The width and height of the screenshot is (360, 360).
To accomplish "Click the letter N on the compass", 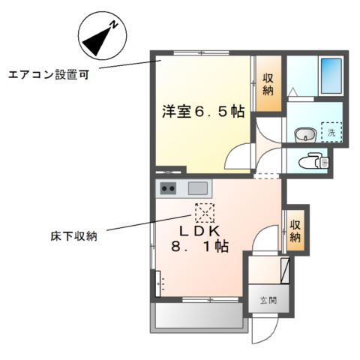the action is (x=114, y=25).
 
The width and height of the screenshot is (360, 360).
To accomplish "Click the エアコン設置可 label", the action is (x=49, y=74).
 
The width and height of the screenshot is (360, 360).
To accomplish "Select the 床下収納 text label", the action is (x=73, y=235).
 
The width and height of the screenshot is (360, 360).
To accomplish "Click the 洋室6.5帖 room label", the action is (x=203, y=111).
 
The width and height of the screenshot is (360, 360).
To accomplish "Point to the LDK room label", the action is (x=199, y=231).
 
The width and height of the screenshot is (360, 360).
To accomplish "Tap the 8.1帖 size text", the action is (x=199, y=246).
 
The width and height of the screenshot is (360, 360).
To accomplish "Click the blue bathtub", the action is (x=331, y=76).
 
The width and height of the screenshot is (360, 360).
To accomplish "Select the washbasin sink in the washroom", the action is (x=305, y=135).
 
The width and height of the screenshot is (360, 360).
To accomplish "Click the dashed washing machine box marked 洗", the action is (x=331, y=132).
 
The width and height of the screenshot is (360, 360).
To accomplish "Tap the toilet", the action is (x=313, y=160).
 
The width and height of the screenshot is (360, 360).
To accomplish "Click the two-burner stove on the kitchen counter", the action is (x=168, y=188).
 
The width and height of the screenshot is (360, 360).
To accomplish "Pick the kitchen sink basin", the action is (x=198, y=188).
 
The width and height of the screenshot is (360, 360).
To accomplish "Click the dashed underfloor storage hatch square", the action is (x=205, y=213).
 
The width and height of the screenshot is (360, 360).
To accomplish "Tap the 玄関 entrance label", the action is (x=268, y=300).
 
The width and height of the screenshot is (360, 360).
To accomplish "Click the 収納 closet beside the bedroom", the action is (x=268, y=84).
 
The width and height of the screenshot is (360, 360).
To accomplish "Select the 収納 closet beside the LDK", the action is (x=295, y=230).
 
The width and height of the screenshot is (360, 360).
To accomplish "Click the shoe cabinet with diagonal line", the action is (x=285, y=271).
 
